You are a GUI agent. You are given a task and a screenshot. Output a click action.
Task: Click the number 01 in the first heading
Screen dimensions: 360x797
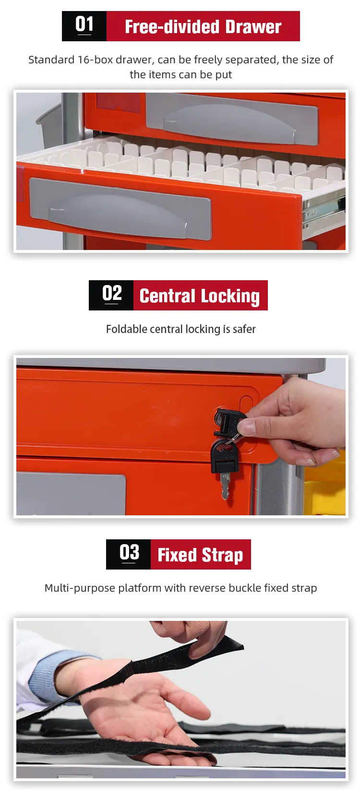(x=84, y=24)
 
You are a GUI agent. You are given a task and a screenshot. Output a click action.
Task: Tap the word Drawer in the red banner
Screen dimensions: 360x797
(x=253, y=27)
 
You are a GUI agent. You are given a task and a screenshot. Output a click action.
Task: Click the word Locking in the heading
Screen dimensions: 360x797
(x=230, y=297)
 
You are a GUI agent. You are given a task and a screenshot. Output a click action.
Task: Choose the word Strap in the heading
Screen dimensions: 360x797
(x=223, y=556)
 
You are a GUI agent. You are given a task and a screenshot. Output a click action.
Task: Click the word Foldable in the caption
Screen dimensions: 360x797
(x=127, y=329)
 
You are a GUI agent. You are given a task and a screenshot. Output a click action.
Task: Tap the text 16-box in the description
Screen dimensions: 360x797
(x=96, y=60)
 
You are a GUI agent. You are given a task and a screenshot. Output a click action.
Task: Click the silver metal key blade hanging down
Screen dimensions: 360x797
(x=225, y=486)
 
